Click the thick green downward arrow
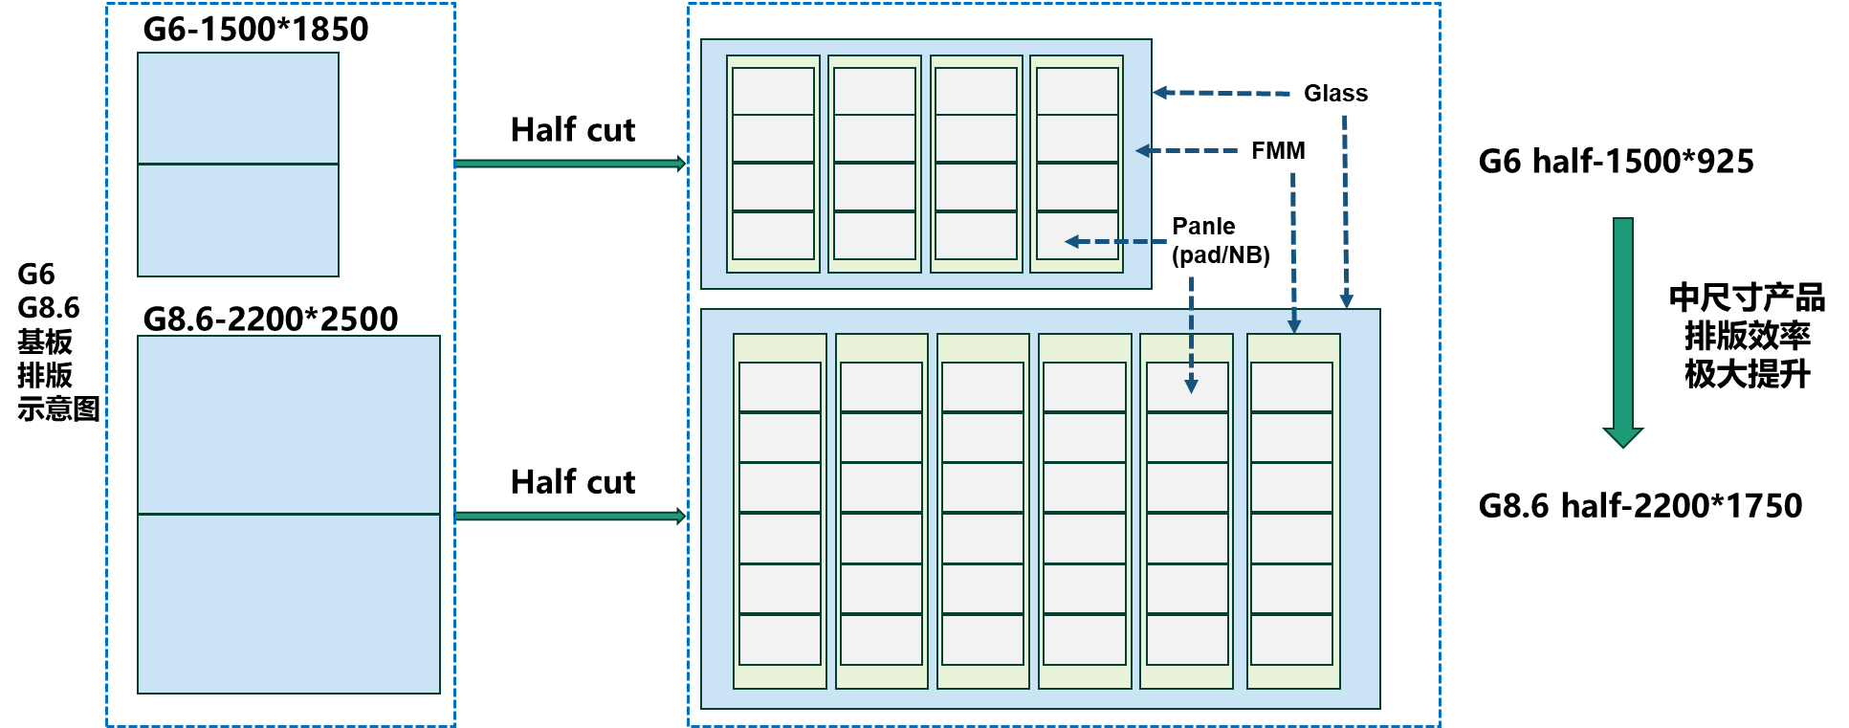(x=1622, y=325)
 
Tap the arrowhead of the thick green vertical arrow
(x=1622, y=437)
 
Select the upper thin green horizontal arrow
(x=569, y=164)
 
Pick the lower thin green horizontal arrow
(x=569, y=516)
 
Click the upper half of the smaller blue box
(x=237, y=108)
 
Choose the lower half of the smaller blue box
(x=237, y=220)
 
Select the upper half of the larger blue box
(x=288, y=425)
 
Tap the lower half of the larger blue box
(x=288, y=604)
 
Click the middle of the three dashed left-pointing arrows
(x=1187, y=150)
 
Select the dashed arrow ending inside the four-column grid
(x=1115, y=242)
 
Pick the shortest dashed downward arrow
(x=1191, y=335)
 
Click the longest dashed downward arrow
(x=1345, y=211)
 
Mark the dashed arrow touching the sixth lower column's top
(x=1293, y=253)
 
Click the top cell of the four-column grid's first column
(x=773, y=91)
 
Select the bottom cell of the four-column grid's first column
(x=773, y=235)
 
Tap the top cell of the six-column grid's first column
(x=780, y=386)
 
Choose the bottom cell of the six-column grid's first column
(x=780, y=639)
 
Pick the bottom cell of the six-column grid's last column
(x=1291, y=639)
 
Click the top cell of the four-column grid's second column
(x=874, y=91)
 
